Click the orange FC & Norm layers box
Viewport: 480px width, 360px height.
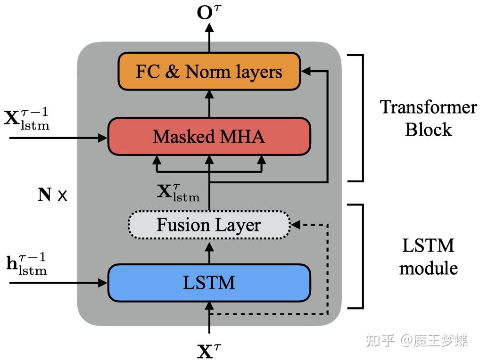tap(209, 71)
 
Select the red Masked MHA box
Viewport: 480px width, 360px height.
tap(209, 136)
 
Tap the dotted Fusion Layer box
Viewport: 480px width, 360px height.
tap(209, 225)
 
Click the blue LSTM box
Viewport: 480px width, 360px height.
tap(209, 283)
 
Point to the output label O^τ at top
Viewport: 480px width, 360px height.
tap(209, 13)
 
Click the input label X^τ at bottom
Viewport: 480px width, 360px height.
tap(209, 350)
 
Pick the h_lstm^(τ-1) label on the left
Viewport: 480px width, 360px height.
tap(27, 263)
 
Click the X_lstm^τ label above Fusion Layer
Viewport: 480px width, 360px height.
tap(178, 192)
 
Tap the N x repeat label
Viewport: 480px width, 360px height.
tap(52, 195)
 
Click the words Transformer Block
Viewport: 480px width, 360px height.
tap(428, 118)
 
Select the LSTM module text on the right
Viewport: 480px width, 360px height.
tap(428, 257)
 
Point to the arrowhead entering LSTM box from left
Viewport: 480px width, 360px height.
tap(103, 283)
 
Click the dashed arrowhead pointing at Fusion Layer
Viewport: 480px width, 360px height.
tap(296, 225)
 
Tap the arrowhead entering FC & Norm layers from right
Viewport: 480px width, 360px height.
tap(306, 71)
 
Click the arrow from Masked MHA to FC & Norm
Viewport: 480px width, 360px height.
tap(209, 104)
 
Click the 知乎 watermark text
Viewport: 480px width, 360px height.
tap(380, 340)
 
